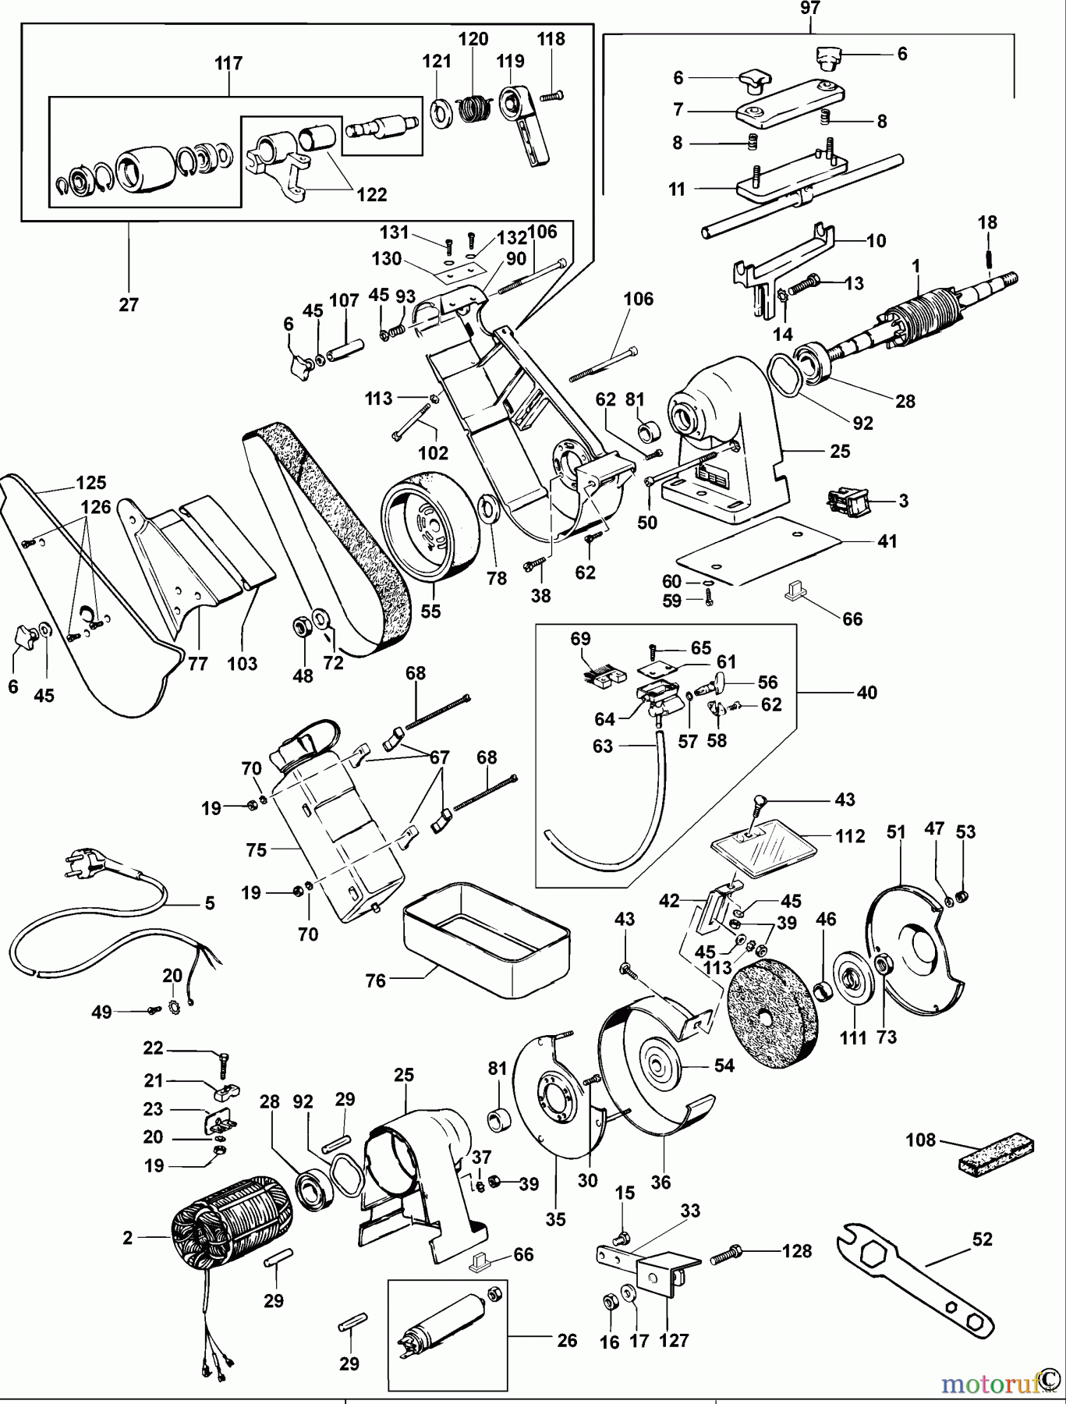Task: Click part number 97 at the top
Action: [x=810, y=9]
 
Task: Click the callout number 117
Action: [x=228, y=62]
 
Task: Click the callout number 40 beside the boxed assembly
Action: [x=866, y=692]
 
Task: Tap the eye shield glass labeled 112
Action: [x=764, y=847]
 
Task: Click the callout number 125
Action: [x=91, y=482]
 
